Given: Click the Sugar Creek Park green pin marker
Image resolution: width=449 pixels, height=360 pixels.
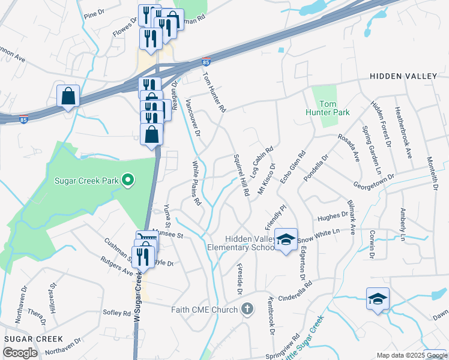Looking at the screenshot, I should pyautogui.click(x=127, y=179).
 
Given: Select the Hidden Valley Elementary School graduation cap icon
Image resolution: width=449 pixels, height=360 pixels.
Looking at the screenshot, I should pyautogui.click(x=286, y=239).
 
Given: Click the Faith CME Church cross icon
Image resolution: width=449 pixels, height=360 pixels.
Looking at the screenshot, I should pyautogui.click(x=246, y=310).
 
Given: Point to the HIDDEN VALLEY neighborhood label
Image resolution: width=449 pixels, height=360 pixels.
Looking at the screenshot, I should pyautogui.click(x=404, y=76).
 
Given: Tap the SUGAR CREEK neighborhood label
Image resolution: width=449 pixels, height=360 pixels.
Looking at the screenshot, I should pyautogui.click(x=26, y=339).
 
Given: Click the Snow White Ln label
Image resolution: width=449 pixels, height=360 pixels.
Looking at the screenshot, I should pyautogui.click(x=318, y=231).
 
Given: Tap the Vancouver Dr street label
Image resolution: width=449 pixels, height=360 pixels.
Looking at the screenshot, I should pyautogui.click(x=193, y=117).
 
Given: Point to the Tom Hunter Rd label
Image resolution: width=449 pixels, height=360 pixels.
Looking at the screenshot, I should pyautogui.click(x=214, y=93).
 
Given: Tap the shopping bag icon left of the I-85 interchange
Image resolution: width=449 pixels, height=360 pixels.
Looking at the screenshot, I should pyautogui.click(x=68, y=95).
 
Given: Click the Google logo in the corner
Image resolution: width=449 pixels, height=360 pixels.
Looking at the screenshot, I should pyautogui.click(x=20, y=353).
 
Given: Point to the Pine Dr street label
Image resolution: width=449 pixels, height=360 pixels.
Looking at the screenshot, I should pyautogui.click(x=95, y=14).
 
